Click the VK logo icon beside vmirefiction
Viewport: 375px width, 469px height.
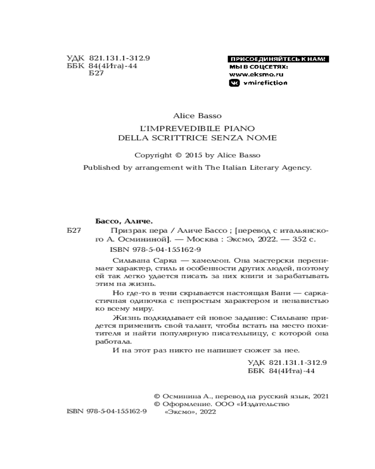[x=234, y=83]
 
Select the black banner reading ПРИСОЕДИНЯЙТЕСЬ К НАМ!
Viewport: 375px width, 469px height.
[x=278, y=59]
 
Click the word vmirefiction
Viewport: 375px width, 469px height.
[x=265, y=83]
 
